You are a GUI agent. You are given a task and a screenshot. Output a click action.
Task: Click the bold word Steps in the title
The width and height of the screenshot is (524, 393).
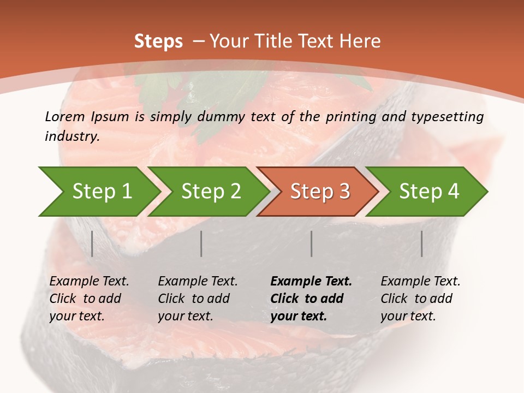tap(158, 41)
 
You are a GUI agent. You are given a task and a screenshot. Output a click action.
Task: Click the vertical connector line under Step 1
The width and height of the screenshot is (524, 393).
tap(92, 243)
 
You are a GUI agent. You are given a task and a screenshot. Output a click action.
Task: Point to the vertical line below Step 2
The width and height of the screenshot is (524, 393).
tap(201, 243)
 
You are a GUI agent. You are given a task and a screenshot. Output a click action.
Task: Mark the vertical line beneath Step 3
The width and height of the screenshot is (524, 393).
tap(312, 243)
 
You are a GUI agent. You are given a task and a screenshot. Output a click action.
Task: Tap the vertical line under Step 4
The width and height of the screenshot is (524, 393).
tap(422, 243)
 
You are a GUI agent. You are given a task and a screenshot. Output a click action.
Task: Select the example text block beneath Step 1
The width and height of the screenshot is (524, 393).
tap(89, 299)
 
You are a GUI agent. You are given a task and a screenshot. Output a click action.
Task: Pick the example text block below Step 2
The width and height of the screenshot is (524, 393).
tap(198, 299)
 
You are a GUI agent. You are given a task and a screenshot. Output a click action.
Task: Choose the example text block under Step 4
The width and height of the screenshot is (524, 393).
tap(420, 299)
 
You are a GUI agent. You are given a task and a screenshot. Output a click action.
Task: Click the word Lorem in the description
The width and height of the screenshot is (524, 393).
tap(65, 116)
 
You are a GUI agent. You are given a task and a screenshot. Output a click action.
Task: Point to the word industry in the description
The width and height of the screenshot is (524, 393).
tap(72, 136)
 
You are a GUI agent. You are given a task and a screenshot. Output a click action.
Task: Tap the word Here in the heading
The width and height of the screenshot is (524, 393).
tap(360, 41)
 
